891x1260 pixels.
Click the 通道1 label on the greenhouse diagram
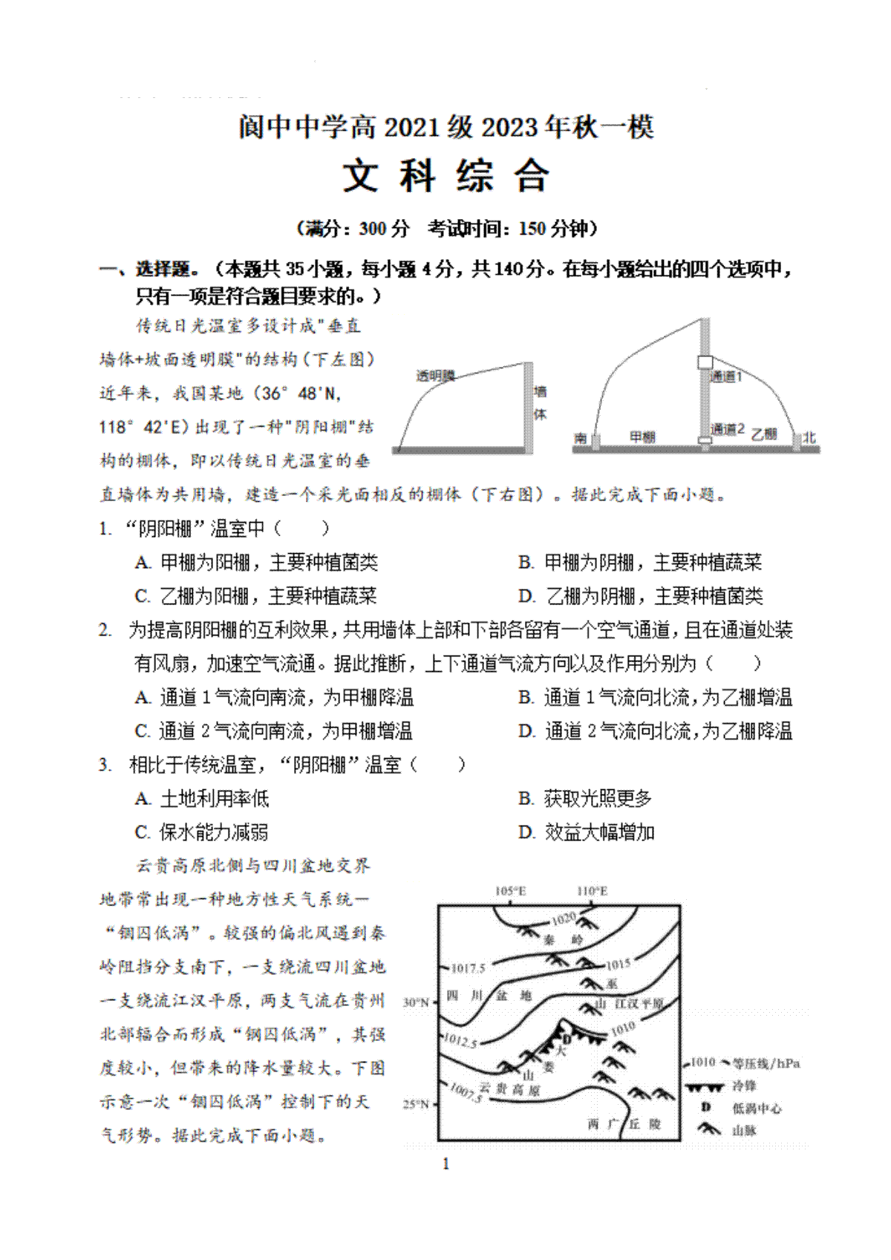725,377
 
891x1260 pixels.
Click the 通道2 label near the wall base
727,429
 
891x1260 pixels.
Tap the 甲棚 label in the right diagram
642,437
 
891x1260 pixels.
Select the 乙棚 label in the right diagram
763,434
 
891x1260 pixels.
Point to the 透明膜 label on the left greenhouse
435,376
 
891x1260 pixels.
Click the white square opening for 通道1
705,362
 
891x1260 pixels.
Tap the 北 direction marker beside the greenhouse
809,437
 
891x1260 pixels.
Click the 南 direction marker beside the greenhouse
580,438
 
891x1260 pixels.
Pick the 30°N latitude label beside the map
416,1002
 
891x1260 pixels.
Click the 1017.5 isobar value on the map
468,968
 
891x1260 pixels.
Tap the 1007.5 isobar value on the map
466,1092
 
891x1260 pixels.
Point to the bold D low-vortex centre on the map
567,1039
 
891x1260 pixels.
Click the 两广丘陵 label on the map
624,1124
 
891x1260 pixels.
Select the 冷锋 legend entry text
744,1086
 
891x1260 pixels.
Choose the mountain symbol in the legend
708,1129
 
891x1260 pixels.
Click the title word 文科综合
446,177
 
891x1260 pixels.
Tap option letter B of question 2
526,697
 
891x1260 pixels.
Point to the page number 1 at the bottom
446,1163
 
